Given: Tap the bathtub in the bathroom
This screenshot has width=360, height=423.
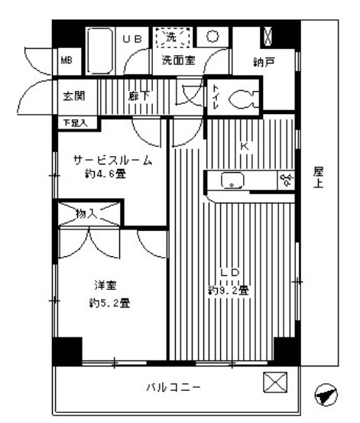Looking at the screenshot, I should click(x=99, y=50).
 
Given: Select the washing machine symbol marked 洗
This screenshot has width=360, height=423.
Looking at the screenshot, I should click(x=169, y=37).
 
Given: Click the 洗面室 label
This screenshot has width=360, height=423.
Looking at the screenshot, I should click(x=177, y=60).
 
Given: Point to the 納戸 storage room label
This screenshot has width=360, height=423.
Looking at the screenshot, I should click(x=264, y=63).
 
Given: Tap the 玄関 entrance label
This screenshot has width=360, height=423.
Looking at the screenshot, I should click(x=74, y=96).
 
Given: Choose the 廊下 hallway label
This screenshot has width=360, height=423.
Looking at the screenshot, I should click(x=138, y=96).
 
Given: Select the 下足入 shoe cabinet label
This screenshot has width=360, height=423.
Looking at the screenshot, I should click(x=75, y=121).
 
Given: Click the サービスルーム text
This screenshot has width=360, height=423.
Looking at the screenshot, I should click(x=112, y=160).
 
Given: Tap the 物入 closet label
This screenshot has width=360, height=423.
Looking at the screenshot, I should click(x=86, y=212).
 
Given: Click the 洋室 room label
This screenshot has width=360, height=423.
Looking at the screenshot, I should click(x=104, y=286).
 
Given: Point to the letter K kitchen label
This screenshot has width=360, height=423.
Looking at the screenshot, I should click(x=245, y=145).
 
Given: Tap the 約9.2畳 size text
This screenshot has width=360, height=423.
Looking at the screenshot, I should click(x=228, y=290).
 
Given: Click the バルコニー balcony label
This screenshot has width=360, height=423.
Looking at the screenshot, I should click(x=176, y=387).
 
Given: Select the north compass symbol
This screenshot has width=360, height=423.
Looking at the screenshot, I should click(x=325, y=396).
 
